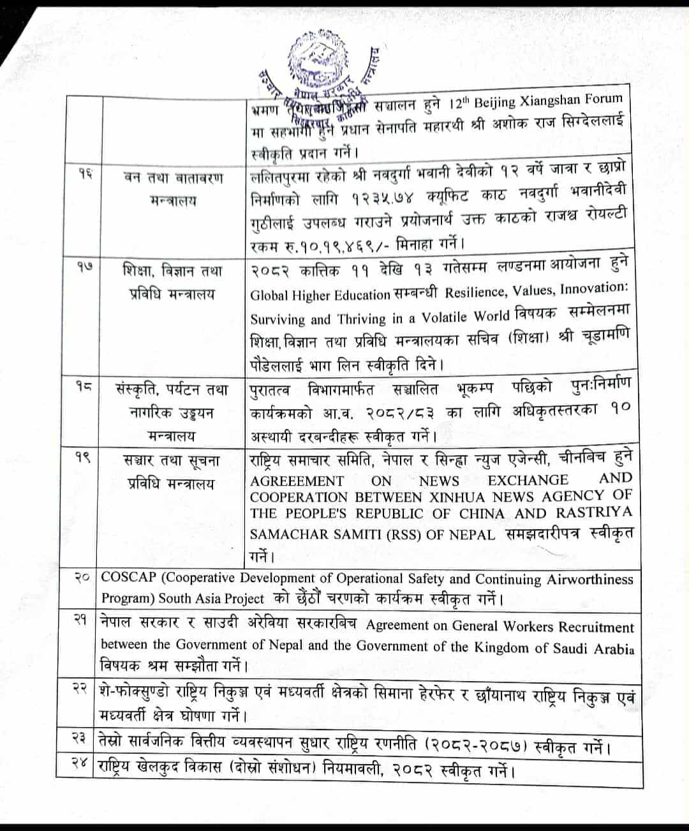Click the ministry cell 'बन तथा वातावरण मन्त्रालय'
(173, 189)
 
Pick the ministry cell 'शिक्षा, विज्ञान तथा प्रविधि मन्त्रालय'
(173, 282)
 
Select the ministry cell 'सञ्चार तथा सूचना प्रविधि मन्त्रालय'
(173, 471)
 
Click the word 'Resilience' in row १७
(474, 292)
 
